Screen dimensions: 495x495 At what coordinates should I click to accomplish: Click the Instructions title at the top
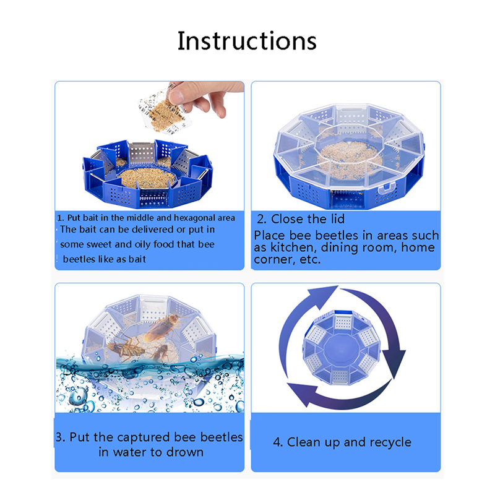coord(247,41)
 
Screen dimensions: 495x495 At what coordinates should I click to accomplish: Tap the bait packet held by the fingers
coord(164,112)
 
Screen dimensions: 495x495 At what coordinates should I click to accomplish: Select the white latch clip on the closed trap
coord(386,188)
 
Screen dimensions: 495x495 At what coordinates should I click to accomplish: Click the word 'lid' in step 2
coord(337,219)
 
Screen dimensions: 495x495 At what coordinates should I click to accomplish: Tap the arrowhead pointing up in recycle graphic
coord(321,296)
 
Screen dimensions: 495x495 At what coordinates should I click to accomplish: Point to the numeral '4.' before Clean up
coord(278,442)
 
